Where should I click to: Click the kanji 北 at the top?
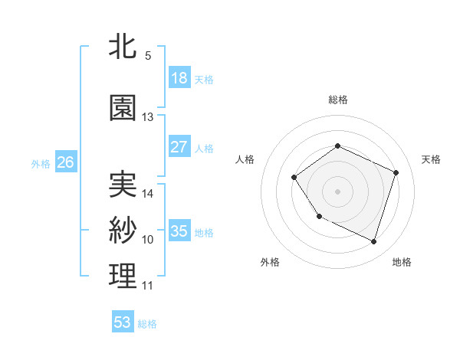click(123, 47)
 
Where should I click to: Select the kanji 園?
click(123, 108)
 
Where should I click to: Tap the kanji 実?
click(123, 184)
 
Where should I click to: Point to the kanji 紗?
click(123, 231)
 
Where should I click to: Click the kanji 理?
click(123, 277)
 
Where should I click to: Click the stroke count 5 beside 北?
click(148, 56)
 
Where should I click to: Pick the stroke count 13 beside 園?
click(148, 117)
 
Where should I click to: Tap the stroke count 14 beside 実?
click(148, 193)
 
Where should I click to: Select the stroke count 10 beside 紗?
click(148, 240)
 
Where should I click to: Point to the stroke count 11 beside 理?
click(148, 286)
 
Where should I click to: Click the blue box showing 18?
click(179, 77)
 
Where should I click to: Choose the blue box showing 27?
click(179, 147)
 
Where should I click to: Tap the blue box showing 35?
click(179, 231)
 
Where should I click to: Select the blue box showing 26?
click(66, 162)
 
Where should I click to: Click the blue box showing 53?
click(123, 322)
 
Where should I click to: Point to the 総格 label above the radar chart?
click(337, 100)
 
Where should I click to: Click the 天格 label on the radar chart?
click(431, 159)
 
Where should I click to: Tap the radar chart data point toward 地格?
click(373, 242)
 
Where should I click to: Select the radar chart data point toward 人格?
click(294, 178)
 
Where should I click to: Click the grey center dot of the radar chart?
click(337, 191)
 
